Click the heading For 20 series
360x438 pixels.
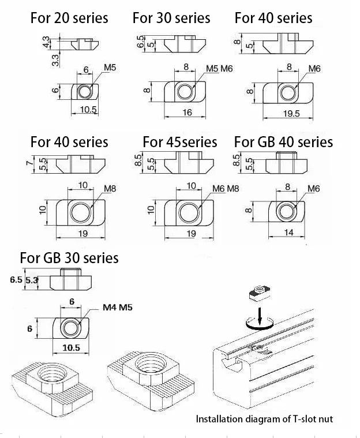[x=69, y=18]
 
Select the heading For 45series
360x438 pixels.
[x=180, y=141]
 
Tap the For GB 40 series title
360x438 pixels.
[x=283, y=141]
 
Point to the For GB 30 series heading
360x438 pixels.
[x=69, y=257]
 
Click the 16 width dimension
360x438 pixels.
[x=187, y=113]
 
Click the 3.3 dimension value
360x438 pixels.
[x=55, y=59]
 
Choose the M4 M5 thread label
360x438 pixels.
[x=118, y=308]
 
